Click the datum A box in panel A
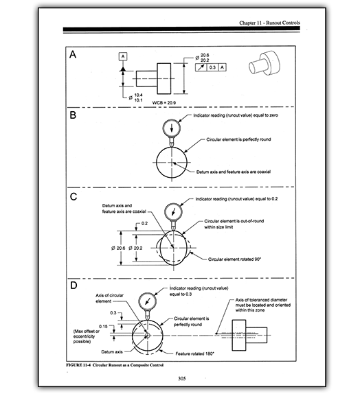[x=123, y=56]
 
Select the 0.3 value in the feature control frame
[x=212, y=67]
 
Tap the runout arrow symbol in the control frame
[x=201, y=67]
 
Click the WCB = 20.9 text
[x=164, y=102]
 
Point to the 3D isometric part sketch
[x=264, y=63]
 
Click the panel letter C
[x=74, y=196]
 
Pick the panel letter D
[x=74, y=286]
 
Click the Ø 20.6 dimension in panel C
[x=118, y=248]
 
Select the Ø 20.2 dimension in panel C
[x=135, y=248]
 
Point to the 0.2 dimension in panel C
[x=145, y=223]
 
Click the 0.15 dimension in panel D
[x=103, y=327]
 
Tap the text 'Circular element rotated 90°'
[x=234, y=259]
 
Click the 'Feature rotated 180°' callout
[x=194, y=354]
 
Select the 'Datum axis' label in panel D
[x=112, y=351]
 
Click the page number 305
[x=181, y=378]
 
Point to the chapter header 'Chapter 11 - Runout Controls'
[x=269, y=23]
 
